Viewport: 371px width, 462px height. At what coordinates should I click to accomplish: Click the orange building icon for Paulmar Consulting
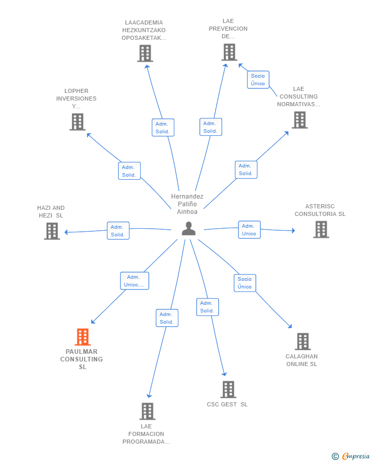click(x=83, y=337)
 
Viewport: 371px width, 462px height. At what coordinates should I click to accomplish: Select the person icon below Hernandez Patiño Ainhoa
click(x=189, y=229)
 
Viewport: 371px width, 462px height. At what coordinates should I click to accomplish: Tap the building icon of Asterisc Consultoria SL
click(x=321, y=230)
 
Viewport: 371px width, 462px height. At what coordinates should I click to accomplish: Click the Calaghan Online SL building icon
click(x=302, y=342)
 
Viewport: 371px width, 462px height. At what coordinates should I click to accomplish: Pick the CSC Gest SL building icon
click(x=228, y=390)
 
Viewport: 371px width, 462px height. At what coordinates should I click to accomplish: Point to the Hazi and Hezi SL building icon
click(x=52, y=231)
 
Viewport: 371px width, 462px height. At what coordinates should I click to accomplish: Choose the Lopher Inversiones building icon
click(x=77, y=122)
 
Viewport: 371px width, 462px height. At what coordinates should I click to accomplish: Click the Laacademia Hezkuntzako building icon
click(x=145, y=53)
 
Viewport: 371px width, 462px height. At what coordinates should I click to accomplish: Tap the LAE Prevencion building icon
click(x=229, y=52)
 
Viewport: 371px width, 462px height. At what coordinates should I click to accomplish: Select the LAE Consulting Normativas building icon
click(x=300, y=120)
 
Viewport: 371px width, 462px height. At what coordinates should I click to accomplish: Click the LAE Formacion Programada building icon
click(x=147, y=411)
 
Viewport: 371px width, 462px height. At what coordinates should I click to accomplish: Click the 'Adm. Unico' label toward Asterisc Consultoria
click(x=249, y=230)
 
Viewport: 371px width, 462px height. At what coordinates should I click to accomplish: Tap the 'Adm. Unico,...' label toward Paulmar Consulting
click(x=135, y=281)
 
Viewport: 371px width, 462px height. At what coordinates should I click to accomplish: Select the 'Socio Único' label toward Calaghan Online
click(x=245, y=283)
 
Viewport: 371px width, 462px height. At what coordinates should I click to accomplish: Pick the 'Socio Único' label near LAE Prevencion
click(x=258, y=80)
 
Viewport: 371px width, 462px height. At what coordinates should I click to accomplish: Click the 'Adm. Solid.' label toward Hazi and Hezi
click(x=118, y=231)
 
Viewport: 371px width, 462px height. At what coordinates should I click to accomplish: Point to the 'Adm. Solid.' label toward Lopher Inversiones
click(x=129, y=171)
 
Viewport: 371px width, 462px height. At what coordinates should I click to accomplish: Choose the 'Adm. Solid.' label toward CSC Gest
click(x=207, y=307)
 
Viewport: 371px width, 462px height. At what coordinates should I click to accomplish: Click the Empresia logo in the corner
click(x=351, y=456)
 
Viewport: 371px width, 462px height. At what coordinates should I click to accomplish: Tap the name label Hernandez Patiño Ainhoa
click(x=187, y=204)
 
